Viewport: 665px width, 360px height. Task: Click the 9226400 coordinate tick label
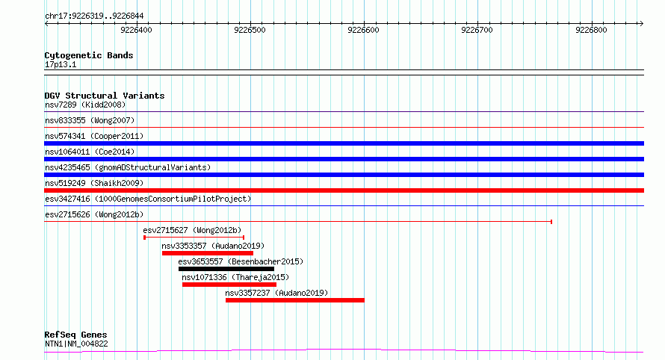(x=136, y=30)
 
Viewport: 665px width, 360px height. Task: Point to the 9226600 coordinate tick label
(x=363, y=30)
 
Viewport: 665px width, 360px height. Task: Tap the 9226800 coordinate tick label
(x=591, y=30)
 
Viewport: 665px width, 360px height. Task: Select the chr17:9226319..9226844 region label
(x=94, y=16)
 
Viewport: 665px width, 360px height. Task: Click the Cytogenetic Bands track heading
(x=89, y=55)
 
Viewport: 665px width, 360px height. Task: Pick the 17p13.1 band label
(x=61, y=65)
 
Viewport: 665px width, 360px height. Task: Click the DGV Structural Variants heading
(x=105, y=96)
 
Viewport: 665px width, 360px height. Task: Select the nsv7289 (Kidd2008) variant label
(x=85, y=105)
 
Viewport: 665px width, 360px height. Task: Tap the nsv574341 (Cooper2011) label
(x=94, y=137)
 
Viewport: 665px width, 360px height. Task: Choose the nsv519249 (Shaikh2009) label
(x=94, y=184)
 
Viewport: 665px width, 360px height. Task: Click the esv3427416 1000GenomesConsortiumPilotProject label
(x=148, y=199)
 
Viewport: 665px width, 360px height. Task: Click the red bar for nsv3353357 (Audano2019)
(x=208, y=253)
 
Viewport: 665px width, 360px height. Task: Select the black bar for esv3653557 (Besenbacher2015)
(x=226, y=269)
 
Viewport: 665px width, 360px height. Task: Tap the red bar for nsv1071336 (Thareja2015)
(x=229, y=285)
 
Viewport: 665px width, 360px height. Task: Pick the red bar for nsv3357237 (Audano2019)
(x=294, y=300)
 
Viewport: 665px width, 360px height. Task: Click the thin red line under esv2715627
(x=194, y=238)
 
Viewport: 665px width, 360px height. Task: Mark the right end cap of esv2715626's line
(x=551, y=222)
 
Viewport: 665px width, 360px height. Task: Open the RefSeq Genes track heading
(x=75, y=335)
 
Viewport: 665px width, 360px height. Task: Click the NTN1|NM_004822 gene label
(x=76, y=344)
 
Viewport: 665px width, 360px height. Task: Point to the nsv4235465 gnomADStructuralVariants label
(x=128, y=168)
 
